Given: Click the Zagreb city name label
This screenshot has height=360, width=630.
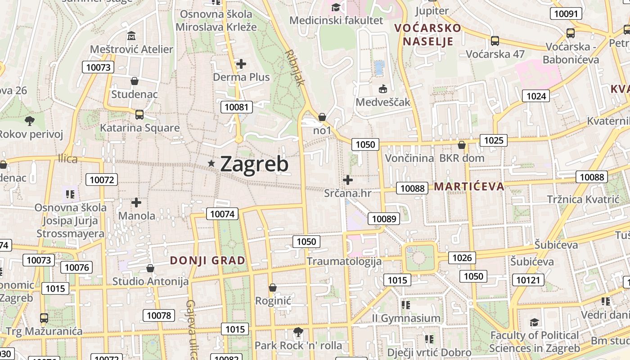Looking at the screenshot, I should point(254,164).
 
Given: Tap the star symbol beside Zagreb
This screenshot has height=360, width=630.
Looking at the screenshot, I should point(211,164).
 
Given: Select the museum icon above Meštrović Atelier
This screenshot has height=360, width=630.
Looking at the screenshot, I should point(131,36).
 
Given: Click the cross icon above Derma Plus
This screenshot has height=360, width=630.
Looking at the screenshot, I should point(241,64).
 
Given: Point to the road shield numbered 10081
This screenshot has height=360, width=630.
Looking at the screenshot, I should point(237,107).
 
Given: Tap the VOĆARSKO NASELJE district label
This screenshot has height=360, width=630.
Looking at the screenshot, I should point(428,35).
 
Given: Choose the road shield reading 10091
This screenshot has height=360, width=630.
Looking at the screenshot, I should point(566,13).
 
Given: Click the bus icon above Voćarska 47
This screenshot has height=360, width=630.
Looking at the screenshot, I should point(495,41).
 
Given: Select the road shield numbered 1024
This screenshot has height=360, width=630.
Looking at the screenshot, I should point(536,96).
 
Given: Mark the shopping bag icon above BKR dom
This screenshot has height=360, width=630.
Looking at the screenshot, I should point(461,145).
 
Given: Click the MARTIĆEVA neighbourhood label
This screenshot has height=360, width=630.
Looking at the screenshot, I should point(469,187).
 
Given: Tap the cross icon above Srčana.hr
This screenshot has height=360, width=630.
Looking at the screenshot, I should point(347,180).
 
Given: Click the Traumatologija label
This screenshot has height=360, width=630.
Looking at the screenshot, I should point(344,261).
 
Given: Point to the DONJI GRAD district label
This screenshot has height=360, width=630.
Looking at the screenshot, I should point(207,260).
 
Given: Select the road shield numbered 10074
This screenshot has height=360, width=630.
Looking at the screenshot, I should point(222,214).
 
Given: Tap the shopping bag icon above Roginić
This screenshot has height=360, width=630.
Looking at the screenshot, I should point(273,288).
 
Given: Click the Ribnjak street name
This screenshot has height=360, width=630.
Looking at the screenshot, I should point(295,67).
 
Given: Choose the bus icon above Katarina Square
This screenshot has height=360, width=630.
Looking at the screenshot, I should point(139,115).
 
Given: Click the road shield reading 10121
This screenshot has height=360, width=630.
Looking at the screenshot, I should point(527,280).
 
